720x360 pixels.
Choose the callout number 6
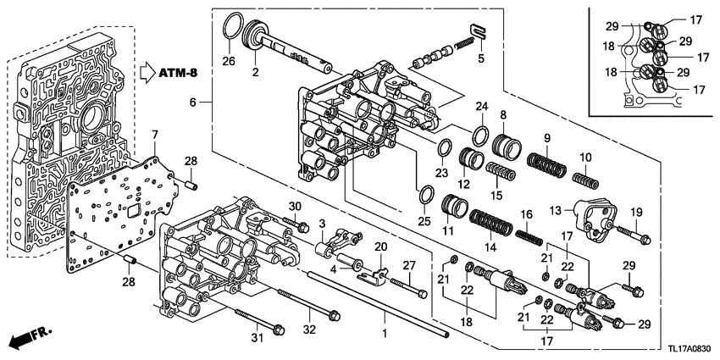(194, 102)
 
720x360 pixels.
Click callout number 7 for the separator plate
(155, 136)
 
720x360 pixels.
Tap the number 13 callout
(555, 210)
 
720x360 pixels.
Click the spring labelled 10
(585, 179)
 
